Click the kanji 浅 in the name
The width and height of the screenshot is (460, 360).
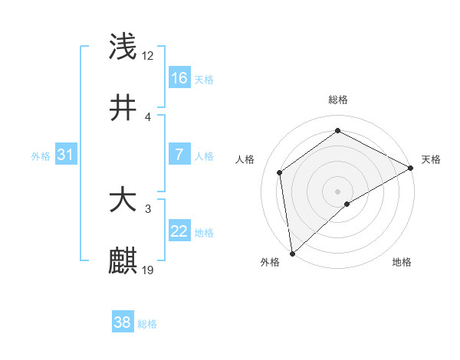click(x=123, y=47)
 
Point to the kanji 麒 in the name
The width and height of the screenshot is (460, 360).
click(x=123, y=260)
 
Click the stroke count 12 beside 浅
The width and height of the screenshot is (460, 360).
click(x=148, y=56)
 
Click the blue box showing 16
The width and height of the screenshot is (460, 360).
click(x=179, y=78)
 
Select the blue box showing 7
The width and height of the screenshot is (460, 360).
click(x=179, y=155)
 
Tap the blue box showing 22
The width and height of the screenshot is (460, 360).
click(x=179, y=231)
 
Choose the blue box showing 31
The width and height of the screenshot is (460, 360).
click(x=66, y=155)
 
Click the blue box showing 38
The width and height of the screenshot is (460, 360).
click(x=122, y=322)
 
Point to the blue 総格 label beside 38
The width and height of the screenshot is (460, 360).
click(x=147, y=324)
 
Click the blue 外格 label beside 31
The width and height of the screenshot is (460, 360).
click(x=41, y=155)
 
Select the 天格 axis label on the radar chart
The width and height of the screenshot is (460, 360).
click(x=431, y=159)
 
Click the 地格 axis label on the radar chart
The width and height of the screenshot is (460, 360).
click(x=402, y=262)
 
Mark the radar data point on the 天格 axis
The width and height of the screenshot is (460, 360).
click(x=411, y=167)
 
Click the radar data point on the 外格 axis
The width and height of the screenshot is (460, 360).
click(x=292, y=253)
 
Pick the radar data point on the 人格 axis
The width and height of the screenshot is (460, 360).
click(x=280, y=172)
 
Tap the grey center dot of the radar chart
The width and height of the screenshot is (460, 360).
click(x=337, y=191)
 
